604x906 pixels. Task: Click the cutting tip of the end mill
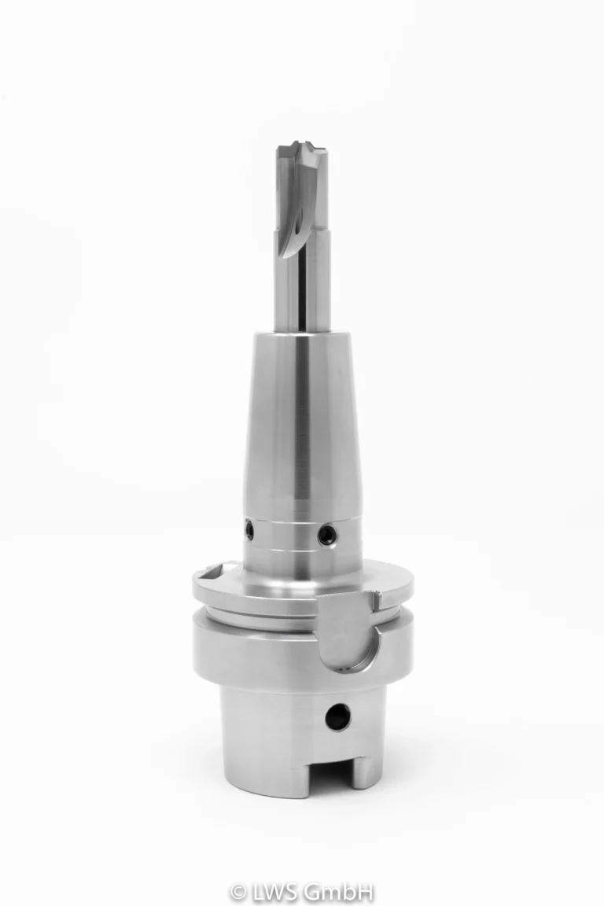[x=301, y=147]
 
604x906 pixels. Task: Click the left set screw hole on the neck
[x=249, y=530]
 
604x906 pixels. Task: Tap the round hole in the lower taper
[x=337, y=717]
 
